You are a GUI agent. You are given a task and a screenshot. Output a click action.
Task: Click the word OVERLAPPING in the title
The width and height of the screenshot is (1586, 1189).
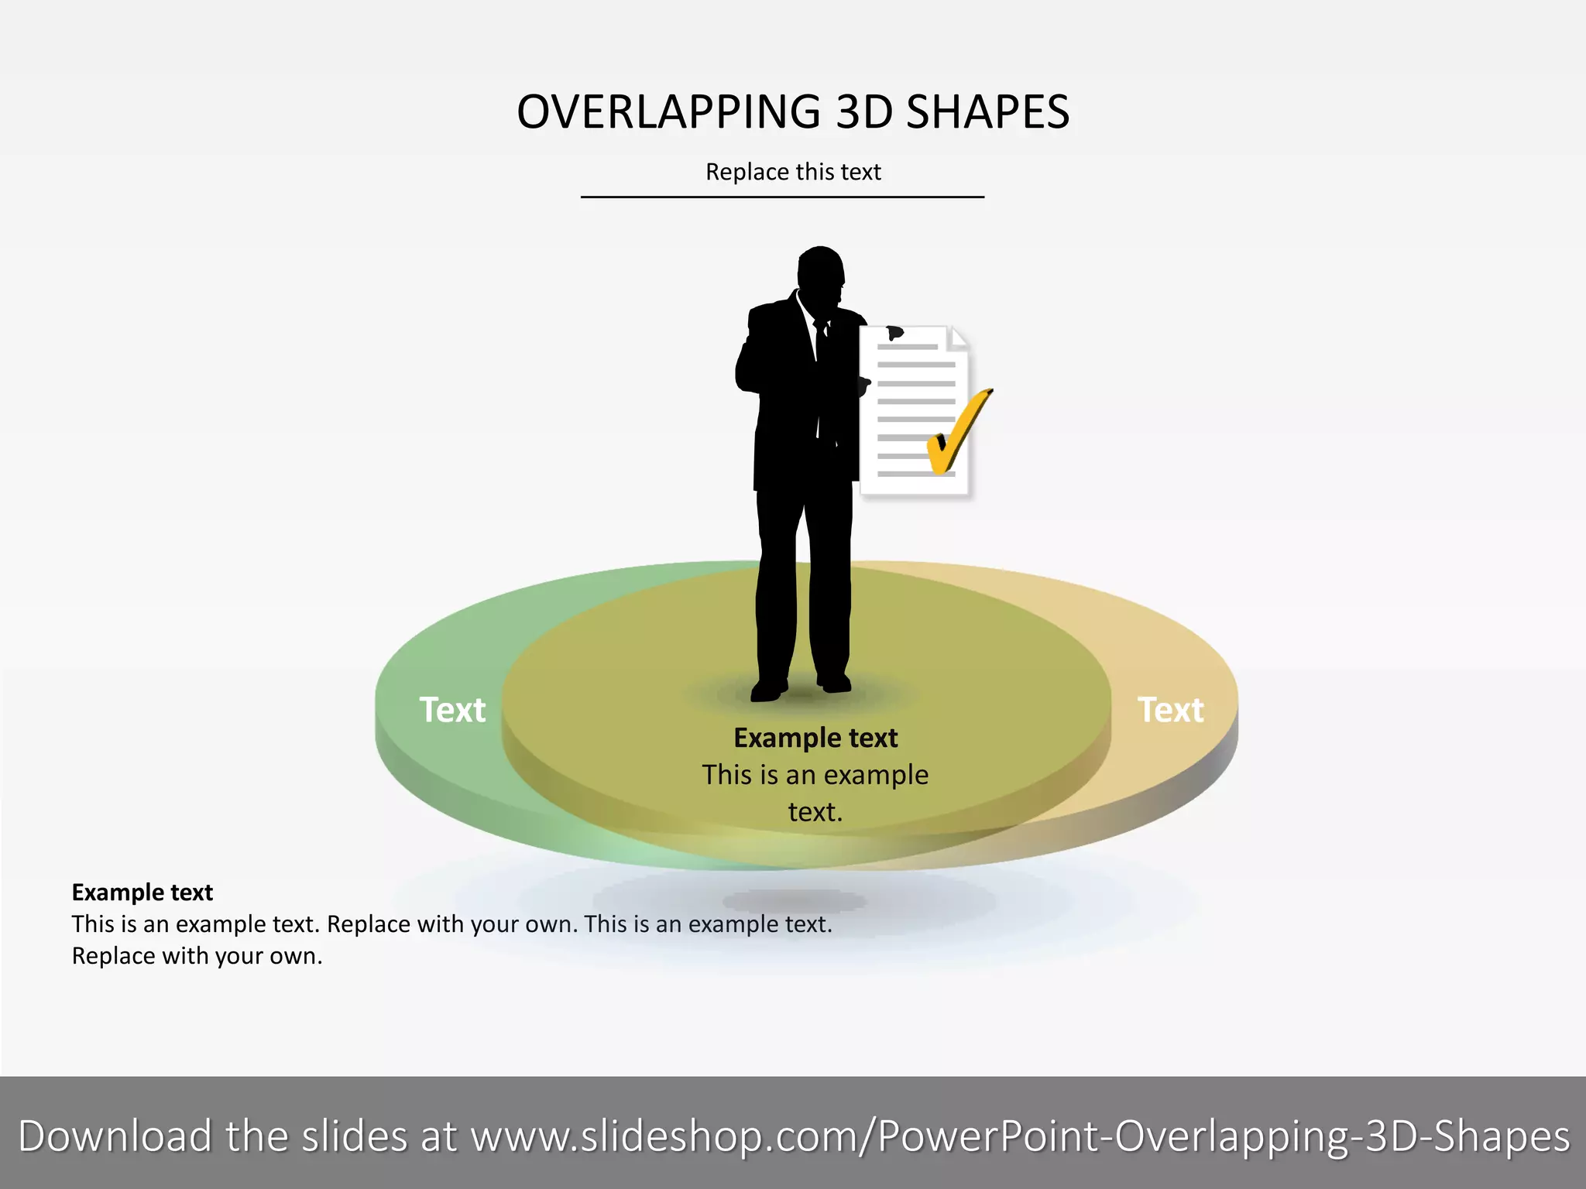pyautogui.click(x=668, y=112)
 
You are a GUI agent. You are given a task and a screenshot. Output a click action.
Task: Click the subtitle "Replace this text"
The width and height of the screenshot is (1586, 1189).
pyautogui.click(x=793, y=172)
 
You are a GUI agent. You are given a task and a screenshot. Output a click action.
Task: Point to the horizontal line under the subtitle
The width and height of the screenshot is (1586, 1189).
pyautogui.click(x=782, y=197)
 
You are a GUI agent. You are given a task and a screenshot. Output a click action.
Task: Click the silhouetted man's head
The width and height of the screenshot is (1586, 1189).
pyautogui.click(x=821, y=271)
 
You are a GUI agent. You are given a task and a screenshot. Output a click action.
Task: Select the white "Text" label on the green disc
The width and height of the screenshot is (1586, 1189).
pyautogui.click(x=452, y=710)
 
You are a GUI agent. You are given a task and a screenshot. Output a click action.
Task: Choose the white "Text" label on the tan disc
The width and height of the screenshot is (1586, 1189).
pyautogui.click(x=1170, y=710)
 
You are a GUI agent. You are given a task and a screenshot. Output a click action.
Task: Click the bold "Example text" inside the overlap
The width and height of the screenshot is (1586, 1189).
pyautogui.click(x=815, y=738)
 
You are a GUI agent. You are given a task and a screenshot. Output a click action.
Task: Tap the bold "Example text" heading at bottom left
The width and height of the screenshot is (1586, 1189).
pyautogui.click(x=142, y=893)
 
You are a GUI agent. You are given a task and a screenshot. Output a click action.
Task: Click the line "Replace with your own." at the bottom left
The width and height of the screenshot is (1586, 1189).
pyautogui.click(x=197, y=956)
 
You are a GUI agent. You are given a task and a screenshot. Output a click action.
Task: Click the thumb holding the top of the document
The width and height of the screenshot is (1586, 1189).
pyautogui.click(x=895, y=333)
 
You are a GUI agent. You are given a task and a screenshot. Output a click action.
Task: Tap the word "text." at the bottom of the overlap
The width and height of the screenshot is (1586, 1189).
pyautogui.click(x=815, y=812)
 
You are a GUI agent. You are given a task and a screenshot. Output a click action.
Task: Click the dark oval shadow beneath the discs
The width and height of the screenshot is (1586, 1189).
pyautogui.click(x=794, y=900)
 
